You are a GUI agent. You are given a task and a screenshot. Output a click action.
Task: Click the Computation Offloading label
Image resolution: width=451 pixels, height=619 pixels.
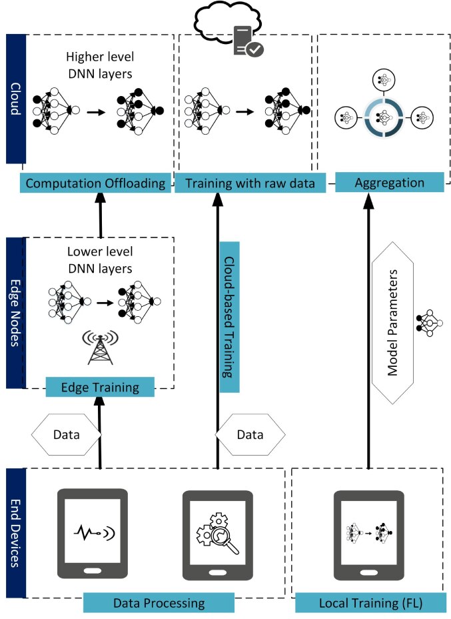coord(95,183)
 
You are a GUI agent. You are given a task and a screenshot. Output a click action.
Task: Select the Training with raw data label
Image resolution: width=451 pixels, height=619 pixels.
coord(250,183)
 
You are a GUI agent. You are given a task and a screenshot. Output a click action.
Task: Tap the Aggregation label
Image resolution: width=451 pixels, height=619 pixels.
coord(390,182)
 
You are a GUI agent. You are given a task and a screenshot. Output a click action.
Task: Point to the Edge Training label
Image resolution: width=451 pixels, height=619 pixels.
coord(100,387)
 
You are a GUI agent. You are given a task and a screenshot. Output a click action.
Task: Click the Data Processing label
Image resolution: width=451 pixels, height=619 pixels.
coord(159,603)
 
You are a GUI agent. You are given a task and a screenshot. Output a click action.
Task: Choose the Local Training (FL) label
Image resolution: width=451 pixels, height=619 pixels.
coord(370,603)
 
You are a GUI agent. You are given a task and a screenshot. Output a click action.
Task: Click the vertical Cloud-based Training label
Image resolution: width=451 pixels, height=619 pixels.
coord(229,317)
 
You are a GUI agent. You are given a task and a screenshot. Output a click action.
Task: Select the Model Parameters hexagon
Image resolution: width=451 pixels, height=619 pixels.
coord(392,323)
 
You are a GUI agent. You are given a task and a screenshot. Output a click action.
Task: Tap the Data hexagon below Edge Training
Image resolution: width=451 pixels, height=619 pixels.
coord(66,435)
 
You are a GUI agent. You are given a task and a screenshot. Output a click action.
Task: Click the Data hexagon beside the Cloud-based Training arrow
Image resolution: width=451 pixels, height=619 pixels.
coord(250,435)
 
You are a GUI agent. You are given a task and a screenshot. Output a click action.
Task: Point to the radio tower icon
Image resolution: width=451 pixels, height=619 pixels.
coord(100,348)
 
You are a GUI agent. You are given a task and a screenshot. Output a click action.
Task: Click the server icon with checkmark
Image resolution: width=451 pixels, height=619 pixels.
coord(248,41)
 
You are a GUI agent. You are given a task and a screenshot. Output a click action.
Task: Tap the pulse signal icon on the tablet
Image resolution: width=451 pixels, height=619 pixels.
coord(94,533)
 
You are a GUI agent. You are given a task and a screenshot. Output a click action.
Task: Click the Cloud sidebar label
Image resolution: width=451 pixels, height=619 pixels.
coord(16,99)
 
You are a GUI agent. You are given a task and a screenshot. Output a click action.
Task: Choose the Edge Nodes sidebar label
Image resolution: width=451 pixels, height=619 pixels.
coord(16,313)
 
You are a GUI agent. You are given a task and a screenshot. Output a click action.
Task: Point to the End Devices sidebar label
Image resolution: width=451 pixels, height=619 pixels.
coord(16,533)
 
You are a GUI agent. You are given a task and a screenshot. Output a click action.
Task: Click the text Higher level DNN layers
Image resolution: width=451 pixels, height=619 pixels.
coord(100,65)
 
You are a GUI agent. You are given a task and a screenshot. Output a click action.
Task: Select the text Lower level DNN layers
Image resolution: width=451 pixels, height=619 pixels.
coord(100,259)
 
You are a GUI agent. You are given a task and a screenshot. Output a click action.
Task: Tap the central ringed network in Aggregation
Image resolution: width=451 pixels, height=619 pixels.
coord(384,117)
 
